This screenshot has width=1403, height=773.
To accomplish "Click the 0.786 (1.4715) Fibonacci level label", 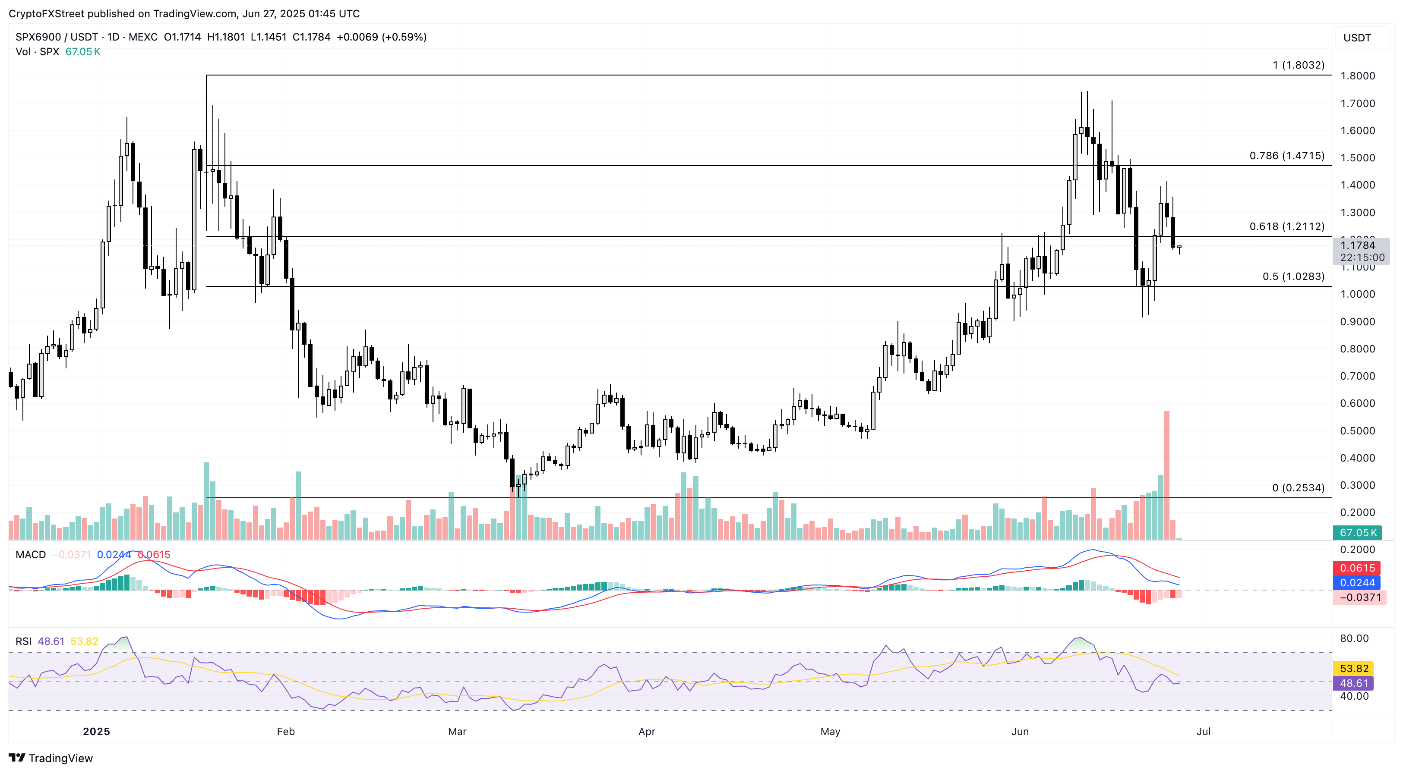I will point(1286,156).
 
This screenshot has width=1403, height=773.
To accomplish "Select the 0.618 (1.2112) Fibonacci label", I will point(1286,226).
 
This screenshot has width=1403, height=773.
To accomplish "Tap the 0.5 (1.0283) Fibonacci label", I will point(1293,277).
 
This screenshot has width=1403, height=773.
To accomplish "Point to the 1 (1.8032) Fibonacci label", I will point(1298,65).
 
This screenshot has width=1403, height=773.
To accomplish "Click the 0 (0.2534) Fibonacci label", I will point(1298,488).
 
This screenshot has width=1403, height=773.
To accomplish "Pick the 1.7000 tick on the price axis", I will point(1357,104).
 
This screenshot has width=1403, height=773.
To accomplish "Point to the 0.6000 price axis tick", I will point(1357,403).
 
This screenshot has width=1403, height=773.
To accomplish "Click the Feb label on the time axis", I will point(285,732).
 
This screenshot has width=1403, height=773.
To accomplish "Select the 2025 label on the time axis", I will point(96,732).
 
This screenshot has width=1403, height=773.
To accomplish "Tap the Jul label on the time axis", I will point(1203,732).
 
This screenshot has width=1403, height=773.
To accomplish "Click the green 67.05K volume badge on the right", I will point(1358,533).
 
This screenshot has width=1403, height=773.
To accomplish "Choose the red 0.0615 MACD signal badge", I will point(1357,568).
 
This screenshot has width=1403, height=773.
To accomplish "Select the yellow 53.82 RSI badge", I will point(1354,669).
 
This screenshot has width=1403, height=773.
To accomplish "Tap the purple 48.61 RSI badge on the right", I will point(1354,683).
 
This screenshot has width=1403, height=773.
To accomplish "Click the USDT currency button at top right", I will point(1357,38).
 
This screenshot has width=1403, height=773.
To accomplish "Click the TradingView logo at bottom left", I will point(51,758).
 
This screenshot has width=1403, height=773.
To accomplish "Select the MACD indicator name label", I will point(31,555).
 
